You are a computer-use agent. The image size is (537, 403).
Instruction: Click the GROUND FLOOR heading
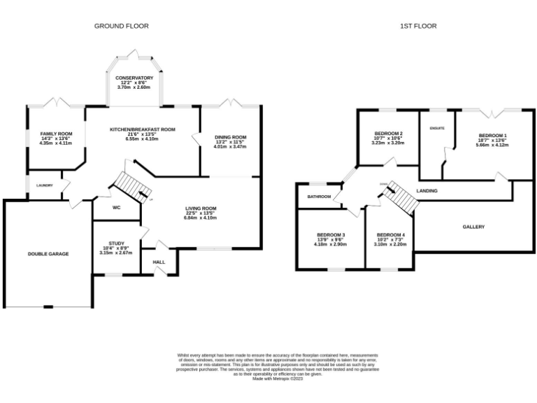click(122, 26)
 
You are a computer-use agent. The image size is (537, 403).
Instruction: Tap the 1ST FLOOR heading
click(418, 26)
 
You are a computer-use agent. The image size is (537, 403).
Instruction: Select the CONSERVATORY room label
click(134, 78)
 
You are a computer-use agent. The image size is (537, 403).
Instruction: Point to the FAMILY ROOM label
click(56, 134)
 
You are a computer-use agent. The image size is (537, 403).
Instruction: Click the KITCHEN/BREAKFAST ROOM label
click(142, 129)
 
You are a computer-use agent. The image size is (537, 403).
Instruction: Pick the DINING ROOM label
click(231, 137)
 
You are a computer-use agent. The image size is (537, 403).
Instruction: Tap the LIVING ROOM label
click(201, 208)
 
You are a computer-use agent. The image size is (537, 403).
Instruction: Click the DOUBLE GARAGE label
click(48, 253)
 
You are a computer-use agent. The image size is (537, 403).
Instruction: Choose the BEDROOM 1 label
click(493, 135)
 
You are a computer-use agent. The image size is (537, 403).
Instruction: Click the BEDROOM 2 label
click(388, 133)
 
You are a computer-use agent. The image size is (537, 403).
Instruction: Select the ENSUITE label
click(437, 128)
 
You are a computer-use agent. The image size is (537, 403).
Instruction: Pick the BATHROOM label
click(319, 197)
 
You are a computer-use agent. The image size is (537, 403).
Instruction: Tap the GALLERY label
click(473, 227)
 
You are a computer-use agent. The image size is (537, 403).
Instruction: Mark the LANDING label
click(427, 190)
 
